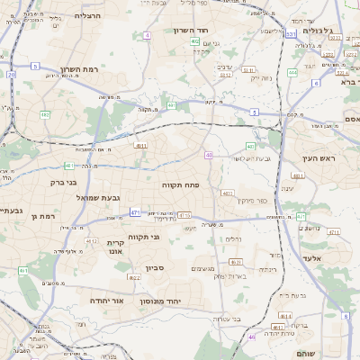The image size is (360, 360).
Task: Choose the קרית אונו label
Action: (116, 248)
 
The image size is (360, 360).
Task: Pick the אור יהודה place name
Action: (106, 300)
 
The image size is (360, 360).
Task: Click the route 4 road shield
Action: (147, 35)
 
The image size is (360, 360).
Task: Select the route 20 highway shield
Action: (12, 75)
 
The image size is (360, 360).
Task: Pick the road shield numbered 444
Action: (292, 72)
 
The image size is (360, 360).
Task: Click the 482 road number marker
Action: (45, 115)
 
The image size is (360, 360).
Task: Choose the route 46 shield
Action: (253, 337)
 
